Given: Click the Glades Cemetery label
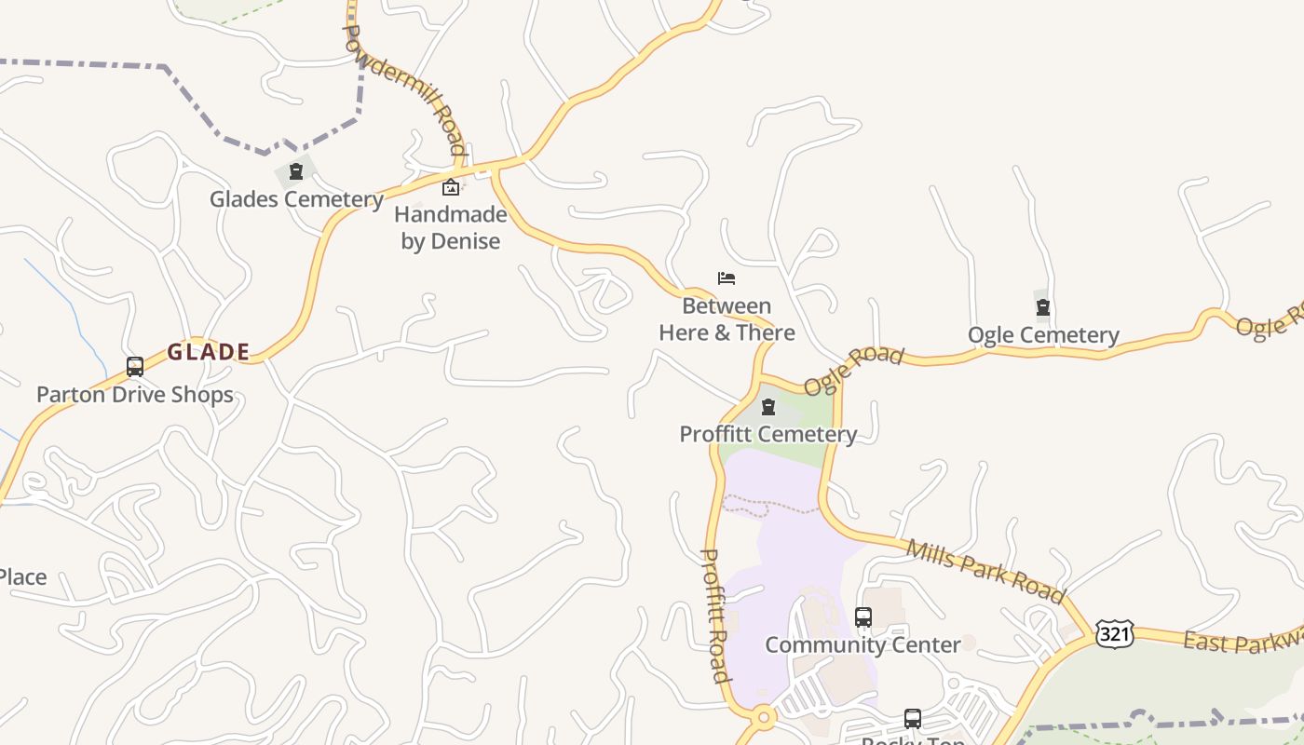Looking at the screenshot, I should tap(296, 199).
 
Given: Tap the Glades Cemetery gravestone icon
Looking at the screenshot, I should tap(296, 171).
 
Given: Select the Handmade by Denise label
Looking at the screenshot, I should tap(451, 228).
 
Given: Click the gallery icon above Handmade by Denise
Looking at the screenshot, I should tap(451, 187).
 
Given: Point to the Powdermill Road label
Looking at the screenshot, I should tap(404, 89).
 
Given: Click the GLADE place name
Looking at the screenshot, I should tap(209, 352).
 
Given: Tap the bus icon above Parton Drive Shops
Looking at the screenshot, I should tap(135, 367).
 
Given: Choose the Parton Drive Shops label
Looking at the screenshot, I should tap(135, 395).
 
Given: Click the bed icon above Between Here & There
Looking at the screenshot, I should tap(727, 278).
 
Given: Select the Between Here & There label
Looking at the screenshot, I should tap(727, 319).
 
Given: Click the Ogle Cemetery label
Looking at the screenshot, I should tap(1043, 335).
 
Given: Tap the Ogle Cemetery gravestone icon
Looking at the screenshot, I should tap(1043, 307).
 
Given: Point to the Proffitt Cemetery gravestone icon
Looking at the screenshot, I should tap(768, 407).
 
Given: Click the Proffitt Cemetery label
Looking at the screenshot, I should tap(768, 434).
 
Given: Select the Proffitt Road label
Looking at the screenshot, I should tap(714, 615).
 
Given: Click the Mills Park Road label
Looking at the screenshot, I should tap(985, 571).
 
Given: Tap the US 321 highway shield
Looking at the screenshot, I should tap(1114, 633).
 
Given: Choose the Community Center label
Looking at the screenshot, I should tap(863, 644).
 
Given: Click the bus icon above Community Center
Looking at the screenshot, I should tap(863, 616).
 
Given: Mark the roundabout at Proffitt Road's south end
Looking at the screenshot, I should tap(764, 717).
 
